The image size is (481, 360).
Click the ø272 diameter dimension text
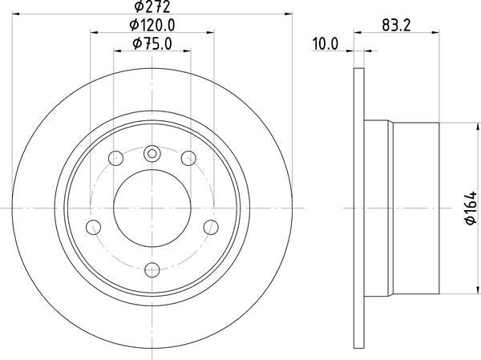click(x=152, y=7)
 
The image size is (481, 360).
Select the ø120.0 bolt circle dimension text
click(x=152, y=26)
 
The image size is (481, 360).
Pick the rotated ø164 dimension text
click(x=471, y=207)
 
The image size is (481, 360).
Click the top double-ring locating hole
click(x=152, y=154)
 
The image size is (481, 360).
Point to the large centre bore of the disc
click(x=152, y=207)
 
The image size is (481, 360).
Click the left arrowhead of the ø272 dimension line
click(x=18, y=16)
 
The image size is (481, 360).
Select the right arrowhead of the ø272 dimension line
click(x=286, y=16)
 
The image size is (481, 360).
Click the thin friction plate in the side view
click(x=358, y=207)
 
